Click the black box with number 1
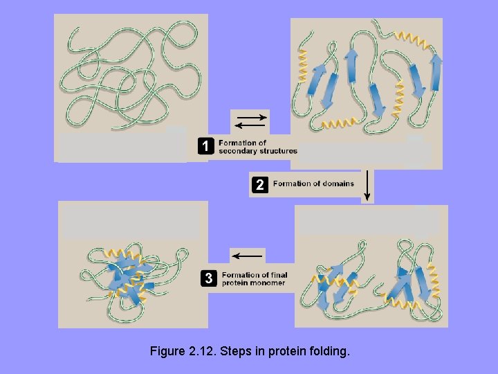tap(205, 146)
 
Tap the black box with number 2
tap(259, 184)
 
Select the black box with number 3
tap(207, 278)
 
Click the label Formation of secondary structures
tap(257, 147)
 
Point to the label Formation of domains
tap(313, 184)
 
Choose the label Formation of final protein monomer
tap(254, 279)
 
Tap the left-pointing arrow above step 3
tap(247, 256)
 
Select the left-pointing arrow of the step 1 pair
tap(250, 126)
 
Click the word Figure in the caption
tap(167, 351)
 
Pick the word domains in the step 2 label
tap(338, 184)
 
